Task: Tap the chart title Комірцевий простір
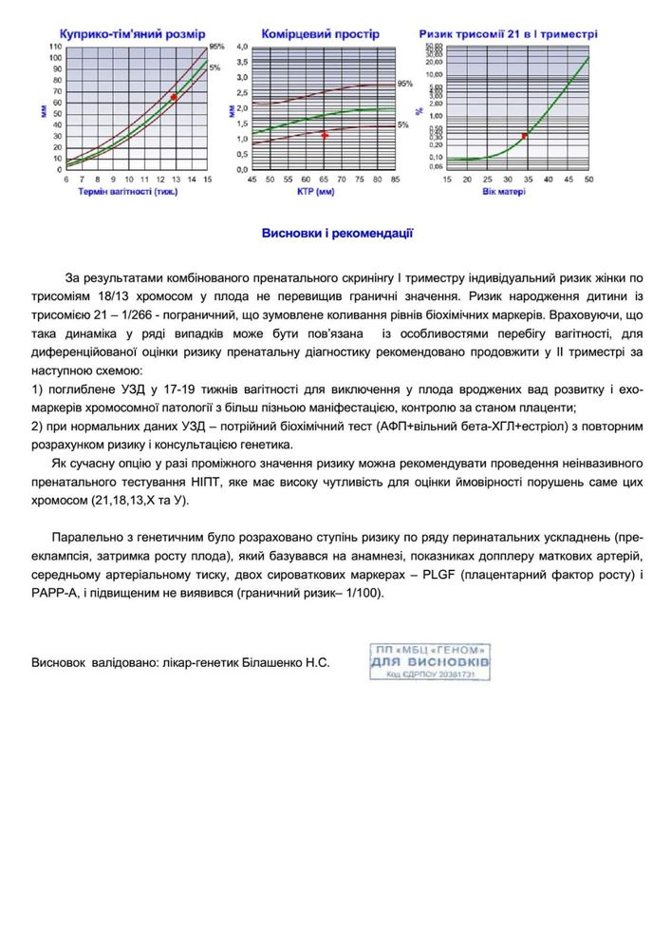[x=320, y=33]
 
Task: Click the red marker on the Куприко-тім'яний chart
[x=174, y=97]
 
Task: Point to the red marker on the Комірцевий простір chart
[x=324, y=135]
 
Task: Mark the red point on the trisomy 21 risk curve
[x=524, y=136]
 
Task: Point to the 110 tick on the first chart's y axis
[x=55, y=47]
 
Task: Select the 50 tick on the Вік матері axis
[x=588, y=180]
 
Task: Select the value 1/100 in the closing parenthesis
[x=365, y=593]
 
